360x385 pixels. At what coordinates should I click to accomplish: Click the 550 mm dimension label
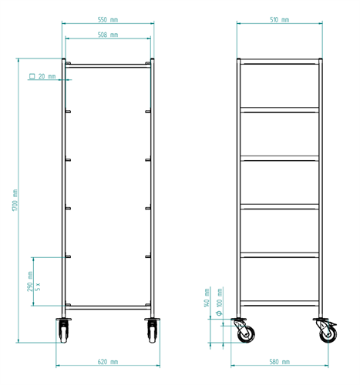[108, 20]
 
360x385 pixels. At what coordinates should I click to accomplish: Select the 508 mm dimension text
[108, 35]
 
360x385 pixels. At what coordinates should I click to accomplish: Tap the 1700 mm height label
[15, 200]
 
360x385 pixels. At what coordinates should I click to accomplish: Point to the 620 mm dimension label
[108, 362]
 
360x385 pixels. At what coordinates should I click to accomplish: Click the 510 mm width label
[280, 20]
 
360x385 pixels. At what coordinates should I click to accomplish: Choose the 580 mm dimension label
[280, 362]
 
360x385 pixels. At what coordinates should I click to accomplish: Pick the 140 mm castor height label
[207, 298]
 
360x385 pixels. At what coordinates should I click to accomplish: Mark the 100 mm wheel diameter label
[220, 298]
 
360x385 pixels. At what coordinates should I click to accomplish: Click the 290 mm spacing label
[30, 282]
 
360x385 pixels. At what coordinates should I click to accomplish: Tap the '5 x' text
[38, 286]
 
